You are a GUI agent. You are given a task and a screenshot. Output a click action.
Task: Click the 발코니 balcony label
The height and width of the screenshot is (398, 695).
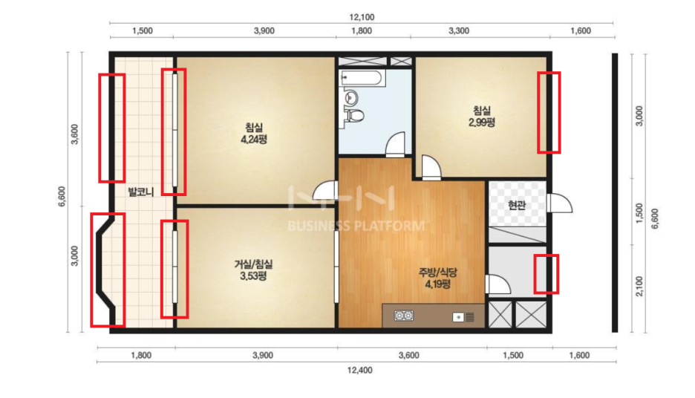pos(140,192)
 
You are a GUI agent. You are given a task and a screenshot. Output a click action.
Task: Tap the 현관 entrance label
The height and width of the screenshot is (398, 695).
pos(517,205)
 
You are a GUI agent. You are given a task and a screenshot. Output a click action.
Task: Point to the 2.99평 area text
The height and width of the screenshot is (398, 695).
pos(482,123)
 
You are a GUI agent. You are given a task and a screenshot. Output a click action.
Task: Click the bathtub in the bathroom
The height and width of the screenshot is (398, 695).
pos(362,79)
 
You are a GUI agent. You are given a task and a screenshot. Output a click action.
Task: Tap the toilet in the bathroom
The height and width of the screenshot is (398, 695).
pos(355,116)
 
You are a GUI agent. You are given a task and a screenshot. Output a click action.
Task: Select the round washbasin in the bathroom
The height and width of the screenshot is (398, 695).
pos(351,97)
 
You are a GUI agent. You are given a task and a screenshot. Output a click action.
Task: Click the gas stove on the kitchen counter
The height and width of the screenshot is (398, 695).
pos(404,316)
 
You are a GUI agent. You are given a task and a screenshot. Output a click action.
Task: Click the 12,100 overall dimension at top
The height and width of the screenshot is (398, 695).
pos(362,17)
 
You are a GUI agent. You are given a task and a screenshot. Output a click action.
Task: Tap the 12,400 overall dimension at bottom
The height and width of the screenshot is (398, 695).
pos(360,370)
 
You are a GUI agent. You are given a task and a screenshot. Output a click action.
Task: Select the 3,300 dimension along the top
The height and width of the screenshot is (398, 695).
pos(459,31)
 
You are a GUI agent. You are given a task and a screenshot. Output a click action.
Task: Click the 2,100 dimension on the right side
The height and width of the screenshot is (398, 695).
pos(639,287)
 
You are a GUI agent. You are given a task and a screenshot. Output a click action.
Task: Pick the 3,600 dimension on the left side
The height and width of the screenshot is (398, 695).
pos(74,134)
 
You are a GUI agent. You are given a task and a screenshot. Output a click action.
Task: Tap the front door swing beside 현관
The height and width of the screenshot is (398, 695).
pos(560,203)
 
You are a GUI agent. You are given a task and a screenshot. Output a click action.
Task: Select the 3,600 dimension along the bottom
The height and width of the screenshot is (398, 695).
pos(409,356)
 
